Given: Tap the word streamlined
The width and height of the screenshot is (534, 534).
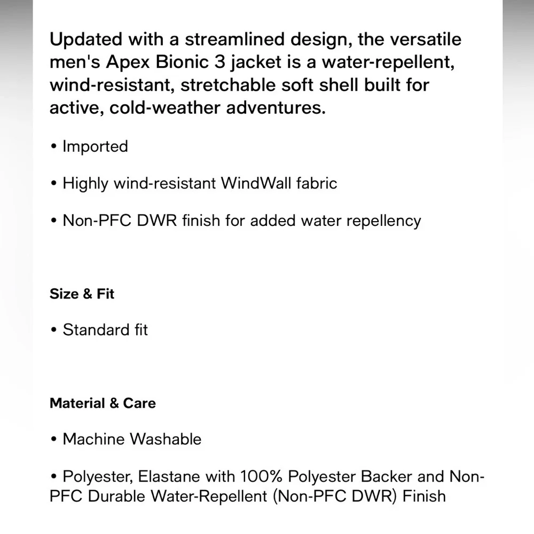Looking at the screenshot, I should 203,40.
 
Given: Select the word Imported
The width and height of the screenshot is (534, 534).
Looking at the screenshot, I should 96,146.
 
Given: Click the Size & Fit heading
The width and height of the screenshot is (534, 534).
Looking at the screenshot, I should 82,294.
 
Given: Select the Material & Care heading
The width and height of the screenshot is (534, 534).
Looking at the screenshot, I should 103,403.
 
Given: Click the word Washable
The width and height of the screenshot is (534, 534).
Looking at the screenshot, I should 166,439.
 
